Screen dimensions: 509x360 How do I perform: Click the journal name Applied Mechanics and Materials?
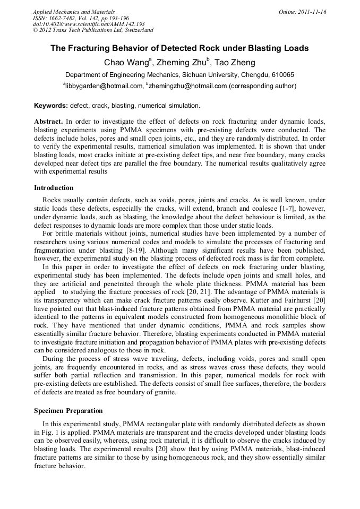point(74,12)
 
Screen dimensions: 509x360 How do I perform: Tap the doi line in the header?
point(89,24)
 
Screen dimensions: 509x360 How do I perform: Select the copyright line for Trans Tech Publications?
point(93,31)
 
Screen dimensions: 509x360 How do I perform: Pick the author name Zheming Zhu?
point(182,62)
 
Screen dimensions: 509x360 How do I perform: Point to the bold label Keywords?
point(51,106)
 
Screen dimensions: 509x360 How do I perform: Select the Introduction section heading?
point(54,188)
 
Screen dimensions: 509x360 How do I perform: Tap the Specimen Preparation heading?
point(68,411)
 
